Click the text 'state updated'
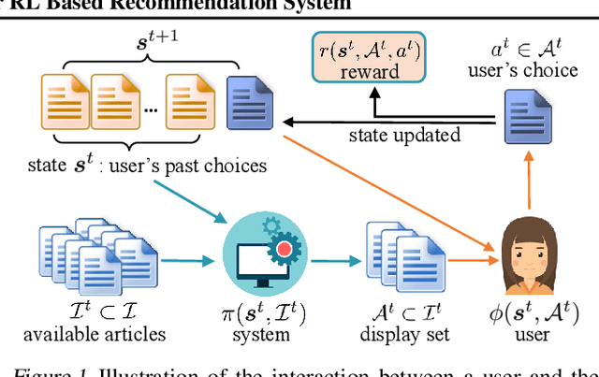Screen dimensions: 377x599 404,136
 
